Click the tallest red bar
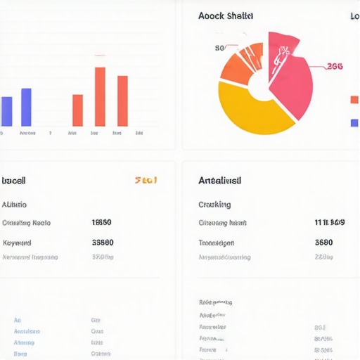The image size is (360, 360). tap(100, 96)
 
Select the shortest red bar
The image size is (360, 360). tap(77, 110)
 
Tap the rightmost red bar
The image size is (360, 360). tap(122, 101)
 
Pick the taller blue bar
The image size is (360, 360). tap(26, 107)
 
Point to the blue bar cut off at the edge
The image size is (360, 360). tap(6, 111)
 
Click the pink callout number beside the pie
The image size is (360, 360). tap(335, 67)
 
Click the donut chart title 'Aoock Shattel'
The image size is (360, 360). tap(226, 15)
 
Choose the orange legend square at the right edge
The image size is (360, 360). tap(354, 100)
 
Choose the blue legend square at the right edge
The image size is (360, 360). tap(354, 123)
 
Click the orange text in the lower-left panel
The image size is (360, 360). tap(146, 180)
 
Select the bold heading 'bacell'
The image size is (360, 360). tap(14, 181)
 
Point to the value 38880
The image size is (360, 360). tap(103, 243)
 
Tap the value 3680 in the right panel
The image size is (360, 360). tap(323, 243)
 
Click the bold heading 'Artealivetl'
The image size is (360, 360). tap(220, 181)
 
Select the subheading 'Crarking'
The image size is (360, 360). tap(214, 205)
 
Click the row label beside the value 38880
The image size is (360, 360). tap(17, 243)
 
